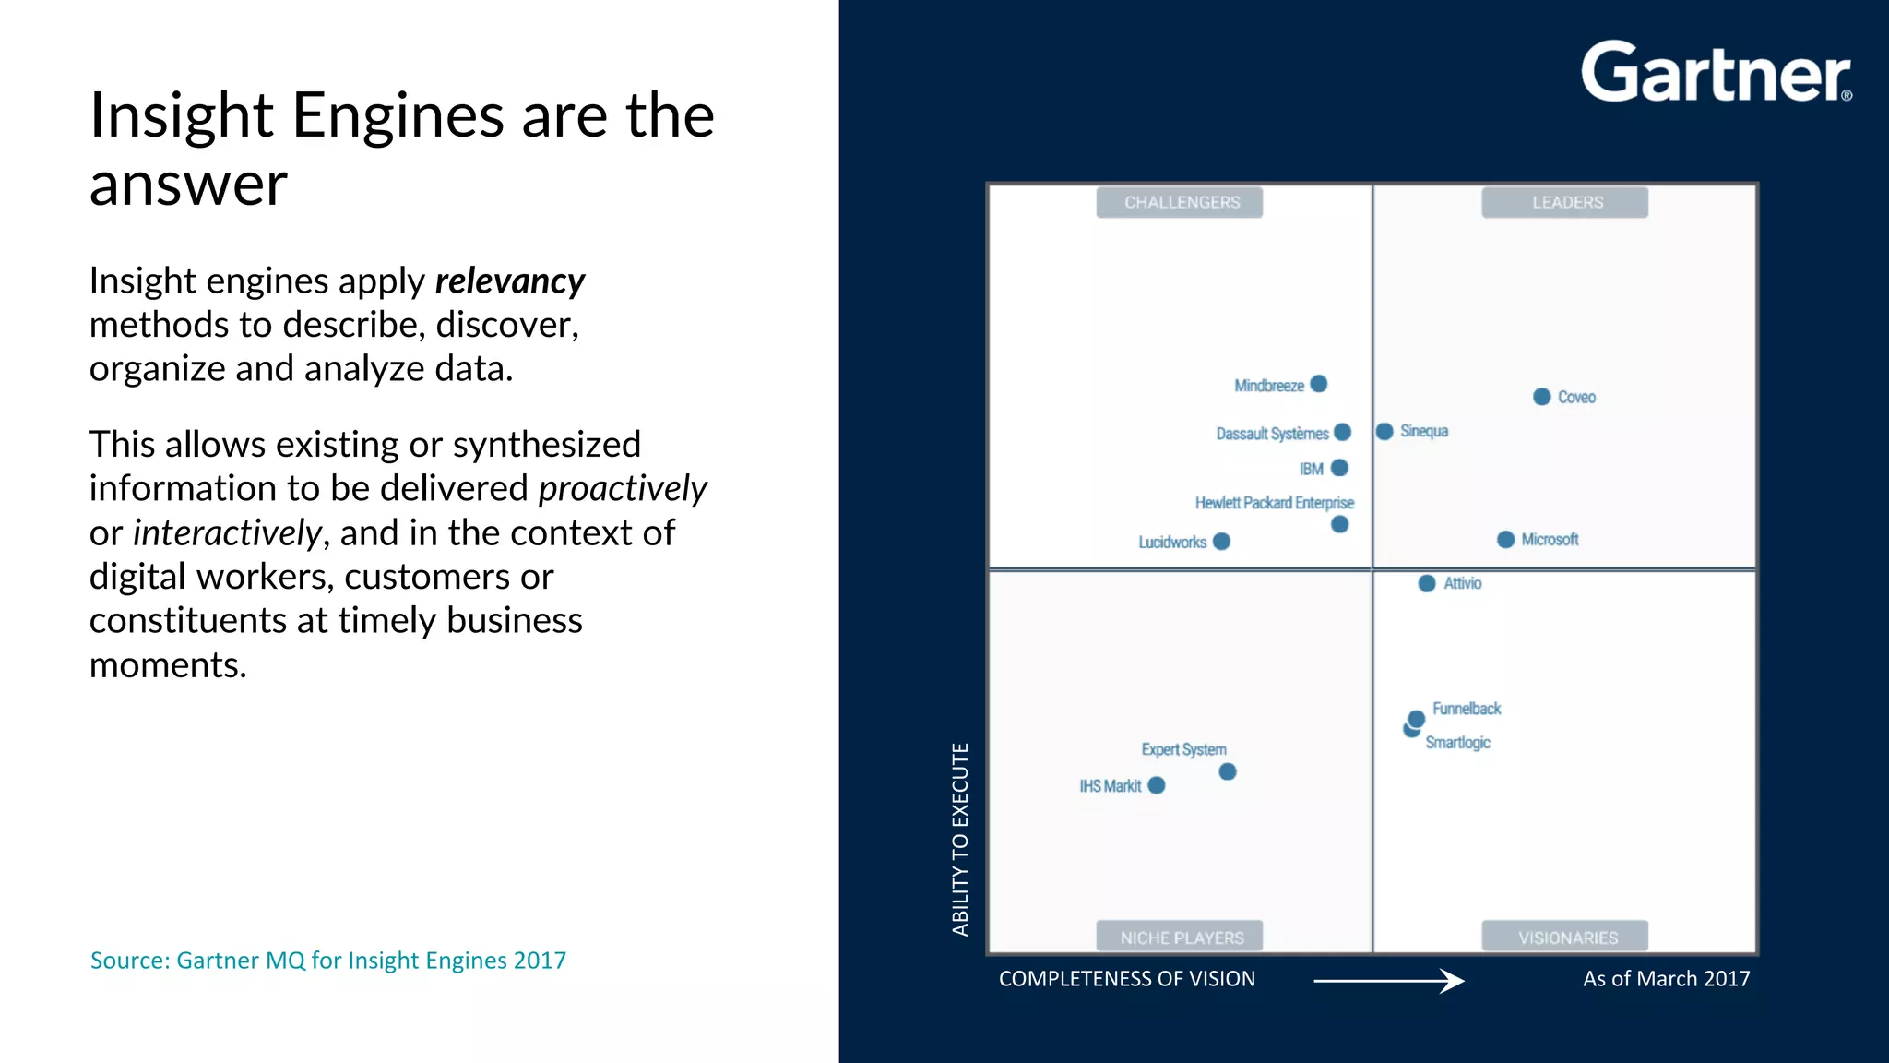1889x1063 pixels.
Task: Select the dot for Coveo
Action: click(1541, 397)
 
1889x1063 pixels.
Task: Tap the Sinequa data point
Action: click(1384, 432)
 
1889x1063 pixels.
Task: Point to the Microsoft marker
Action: click(1505, 540)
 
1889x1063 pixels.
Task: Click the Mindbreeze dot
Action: click(1319, 384)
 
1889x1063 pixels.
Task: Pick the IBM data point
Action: click(1340, 468)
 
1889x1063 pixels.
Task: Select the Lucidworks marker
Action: click(1221, 542)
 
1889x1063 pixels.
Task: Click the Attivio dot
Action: click(1427, 583)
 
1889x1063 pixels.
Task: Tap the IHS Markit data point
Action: click(1157, 785)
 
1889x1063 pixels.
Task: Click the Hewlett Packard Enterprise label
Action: click(1274, 503)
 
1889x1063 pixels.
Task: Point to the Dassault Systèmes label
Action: click(1272, 434)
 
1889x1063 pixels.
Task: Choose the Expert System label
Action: click(1183, 749)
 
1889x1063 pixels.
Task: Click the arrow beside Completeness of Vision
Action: click(1388, 980)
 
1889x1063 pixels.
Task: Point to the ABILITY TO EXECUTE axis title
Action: click(960, 839)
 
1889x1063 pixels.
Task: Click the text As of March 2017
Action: click(1666, 979)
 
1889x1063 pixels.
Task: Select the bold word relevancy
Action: click(509, 281)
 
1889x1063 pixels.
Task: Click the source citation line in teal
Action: click(328, 961)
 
